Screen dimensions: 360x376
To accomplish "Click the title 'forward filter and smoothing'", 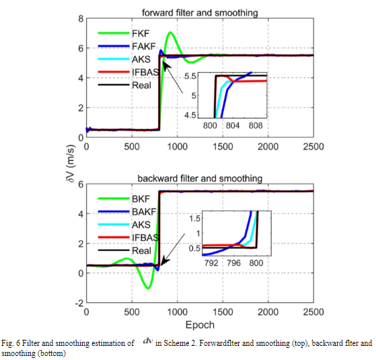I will click(200, 11).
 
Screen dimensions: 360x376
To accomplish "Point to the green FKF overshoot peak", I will click(171, 33).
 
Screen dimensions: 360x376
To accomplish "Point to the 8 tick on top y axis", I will click(80, 18).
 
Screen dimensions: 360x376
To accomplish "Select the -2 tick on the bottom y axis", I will click(78, 303).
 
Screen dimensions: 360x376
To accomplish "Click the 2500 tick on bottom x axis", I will click(312, 314).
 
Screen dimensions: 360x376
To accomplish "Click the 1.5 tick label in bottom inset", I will click(194, 219).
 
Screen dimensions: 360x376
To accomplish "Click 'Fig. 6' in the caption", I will click(12, 343).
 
